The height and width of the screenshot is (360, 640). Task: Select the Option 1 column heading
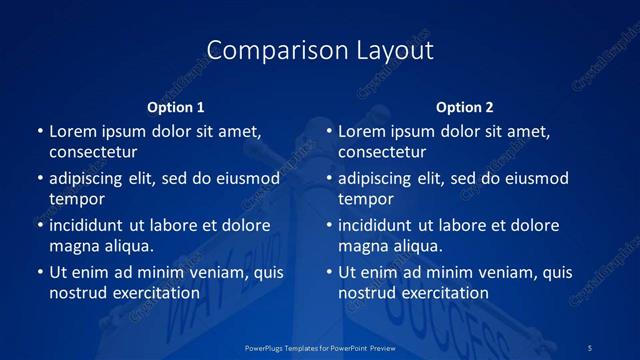pyautogui.click(x=176, y=107)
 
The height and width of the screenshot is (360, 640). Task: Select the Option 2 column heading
pyautogui.click(x=465, y=107)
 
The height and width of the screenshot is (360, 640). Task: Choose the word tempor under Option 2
pyautogui.click(x=366, y=199)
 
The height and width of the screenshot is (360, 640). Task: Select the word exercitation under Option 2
pyautogui.click(x=441, y=293)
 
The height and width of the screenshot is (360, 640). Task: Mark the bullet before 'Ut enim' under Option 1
pyautogui.click(x=39, y=272)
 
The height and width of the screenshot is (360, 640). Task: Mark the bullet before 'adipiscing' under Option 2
pyautogui.click(x=328, y=179)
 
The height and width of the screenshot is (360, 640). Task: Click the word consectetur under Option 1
pyautogui.click(x=93, y=152)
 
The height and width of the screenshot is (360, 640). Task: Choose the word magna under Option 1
pyautogui.click(x=73, y=246)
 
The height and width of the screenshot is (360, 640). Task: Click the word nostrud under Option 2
pyautogui.click(x=367, y=293)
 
